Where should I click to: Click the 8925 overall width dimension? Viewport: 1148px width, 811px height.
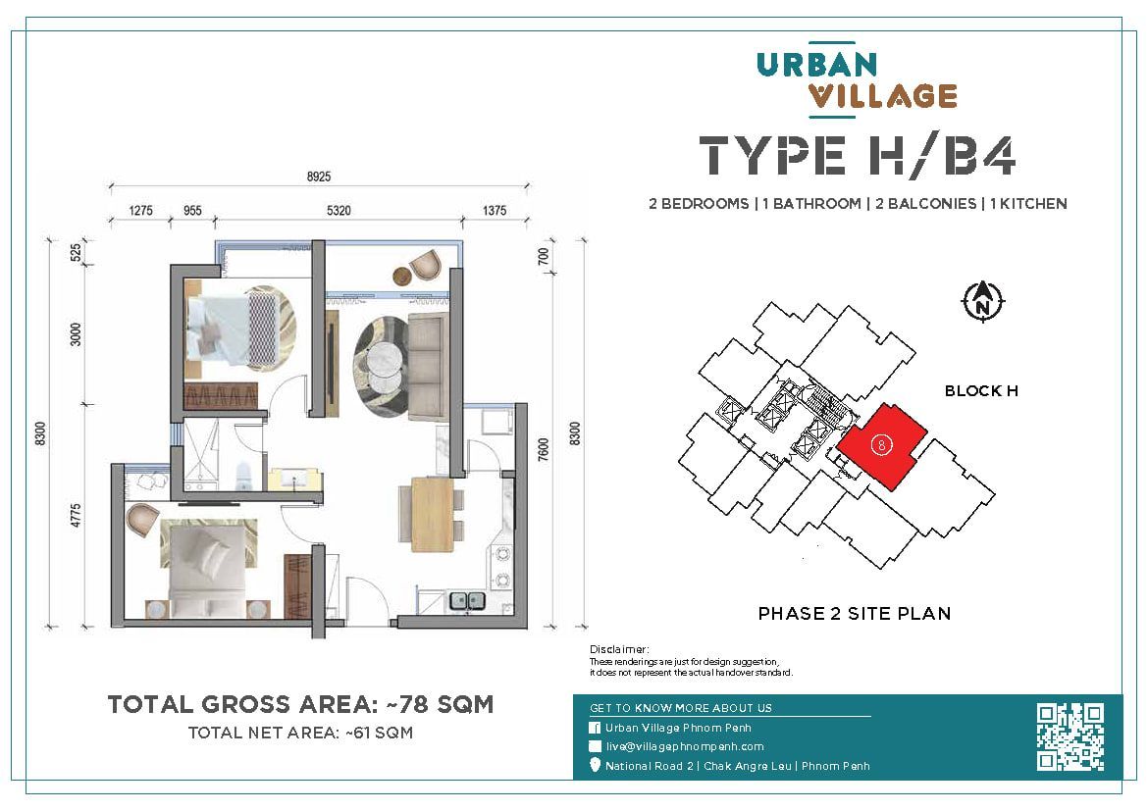click(x=319, y=177)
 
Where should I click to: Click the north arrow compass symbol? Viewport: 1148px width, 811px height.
click(x=981, y=301)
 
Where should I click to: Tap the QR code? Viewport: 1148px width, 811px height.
click(x=1070, y=736)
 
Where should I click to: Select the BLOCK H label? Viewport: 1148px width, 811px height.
click(x=980, y=390)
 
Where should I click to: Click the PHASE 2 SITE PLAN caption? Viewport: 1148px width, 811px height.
click(x=854, y=614)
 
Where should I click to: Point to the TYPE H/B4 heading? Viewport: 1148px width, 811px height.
click(x=857, y=157)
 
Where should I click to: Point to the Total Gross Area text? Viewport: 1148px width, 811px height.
click(x=299, y=704)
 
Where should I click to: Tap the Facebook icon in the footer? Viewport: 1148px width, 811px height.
click(x=595, y=728)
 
